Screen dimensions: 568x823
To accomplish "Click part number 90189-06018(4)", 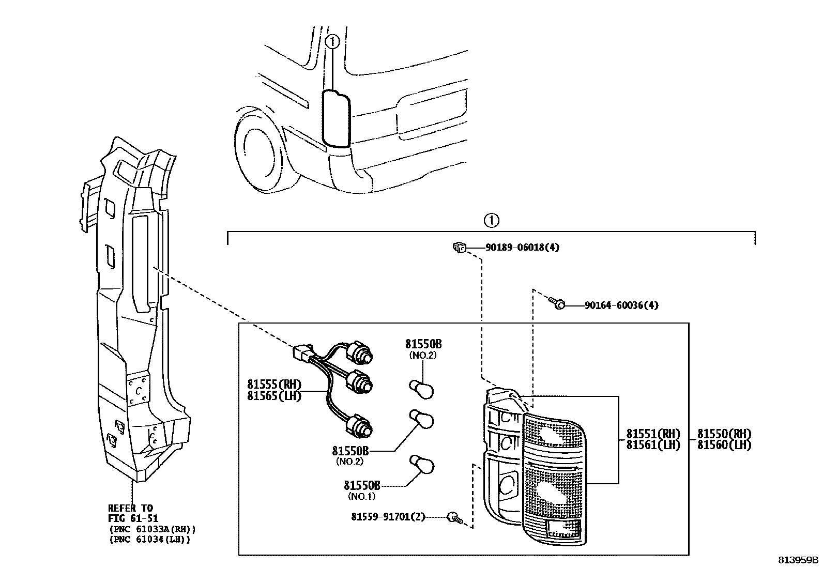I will pyautogui.click(x=522, y=248).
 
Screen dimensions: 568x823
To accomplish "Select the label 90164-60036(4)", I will pyautogui.click(x=621, y=305).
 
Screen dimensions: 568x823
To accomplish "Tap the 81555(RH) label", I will pyautogui.click(x=274, y=384).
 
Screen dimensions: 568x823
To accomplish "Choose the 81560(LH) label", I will pyautogui.click(x=724, y=444).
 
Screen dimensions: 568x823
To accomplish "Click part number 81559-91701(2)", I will pyautogui.click(x=388, y=516).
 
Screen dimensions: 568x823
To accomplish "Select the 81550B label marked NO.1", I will pyautogui.click(x=362, y=485).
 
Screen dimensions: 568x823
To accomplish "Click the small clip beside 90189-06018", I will pyautogui.click(x=459, y=248).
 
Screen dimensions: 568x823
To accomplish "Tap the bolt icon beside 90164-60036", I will pyautogui.click(x=557, y=304).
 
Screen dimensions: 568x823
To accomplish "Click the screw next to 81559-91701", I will pyautogui.click(x=454, y=516).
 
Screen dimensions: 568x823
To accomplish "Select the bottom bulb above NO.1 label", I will pyautogui.click(x=421, y=463).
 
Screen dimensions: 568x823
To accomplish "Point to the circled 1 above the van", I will pyautogui.click(x=333, y=41).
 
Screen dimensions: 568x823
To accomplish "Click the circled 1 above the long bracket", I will pyautogui.click(x=491, y=221).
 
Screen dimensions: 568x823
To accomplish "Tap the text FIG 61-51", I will pyautogui.click(x=133, y=518).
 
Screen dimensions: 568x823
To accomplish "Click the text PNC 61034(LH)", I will pyautogui.click(x=150, y=540).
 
